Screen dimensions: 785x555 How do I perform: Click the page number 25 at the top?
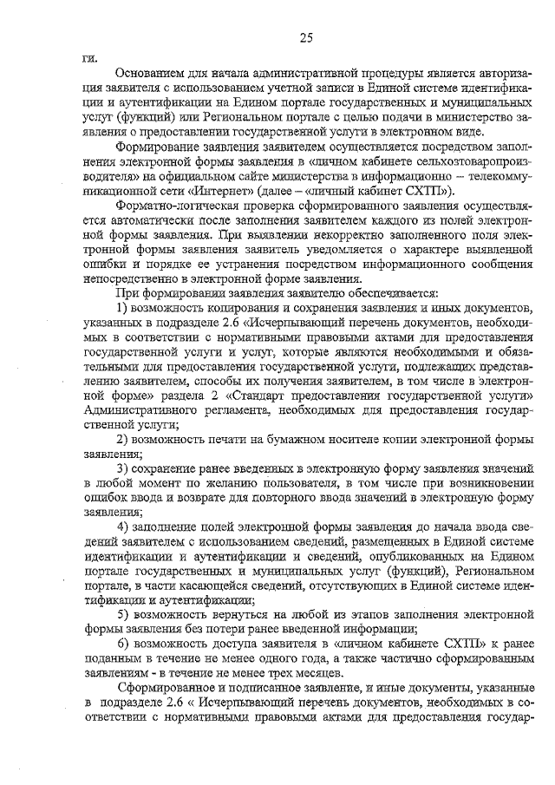click(x=305, y=36)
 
